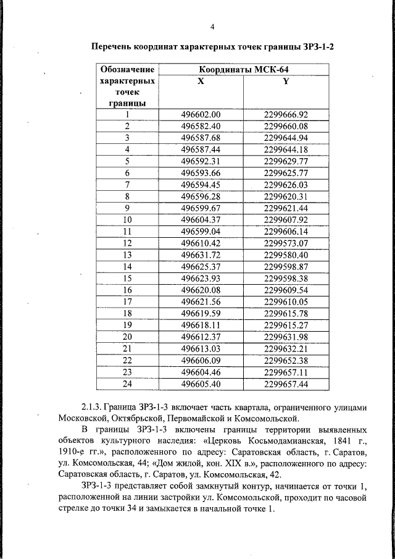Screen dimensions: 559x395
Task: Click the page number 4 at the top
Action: tap(212, 27)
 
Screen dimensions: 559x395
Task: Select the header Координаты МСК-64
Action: tap(243, 69)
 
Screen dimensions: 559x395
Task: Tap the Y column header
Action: tap(285, 81)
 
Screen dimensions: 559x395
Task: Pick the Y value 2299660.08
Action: tap(285, 126)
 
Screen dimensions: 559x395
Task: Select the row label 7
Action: tap(127, 185)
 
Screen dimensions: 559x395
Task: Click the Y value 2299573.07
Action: tap(285, 243)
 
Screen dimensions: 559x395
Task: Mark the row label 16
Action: tap(127, 290)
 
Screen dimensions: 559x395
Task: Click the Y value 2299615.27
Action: tap(285, 325)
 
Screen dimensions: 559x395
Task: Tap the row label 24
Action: tap(127, 384)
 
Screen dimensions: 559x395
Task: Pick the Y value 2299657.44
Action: tap(285, 384)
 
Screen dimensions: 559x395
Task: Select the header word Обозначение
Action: tap(127, 69)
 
